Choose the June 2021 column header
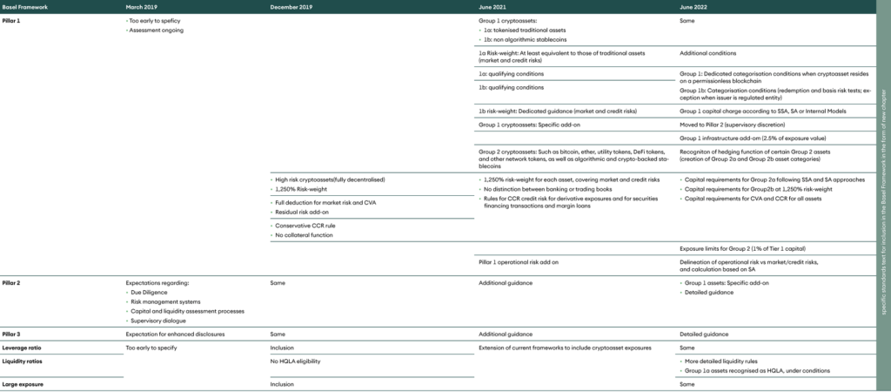coord(494,7)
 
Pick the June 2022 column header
coord(694,7)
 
